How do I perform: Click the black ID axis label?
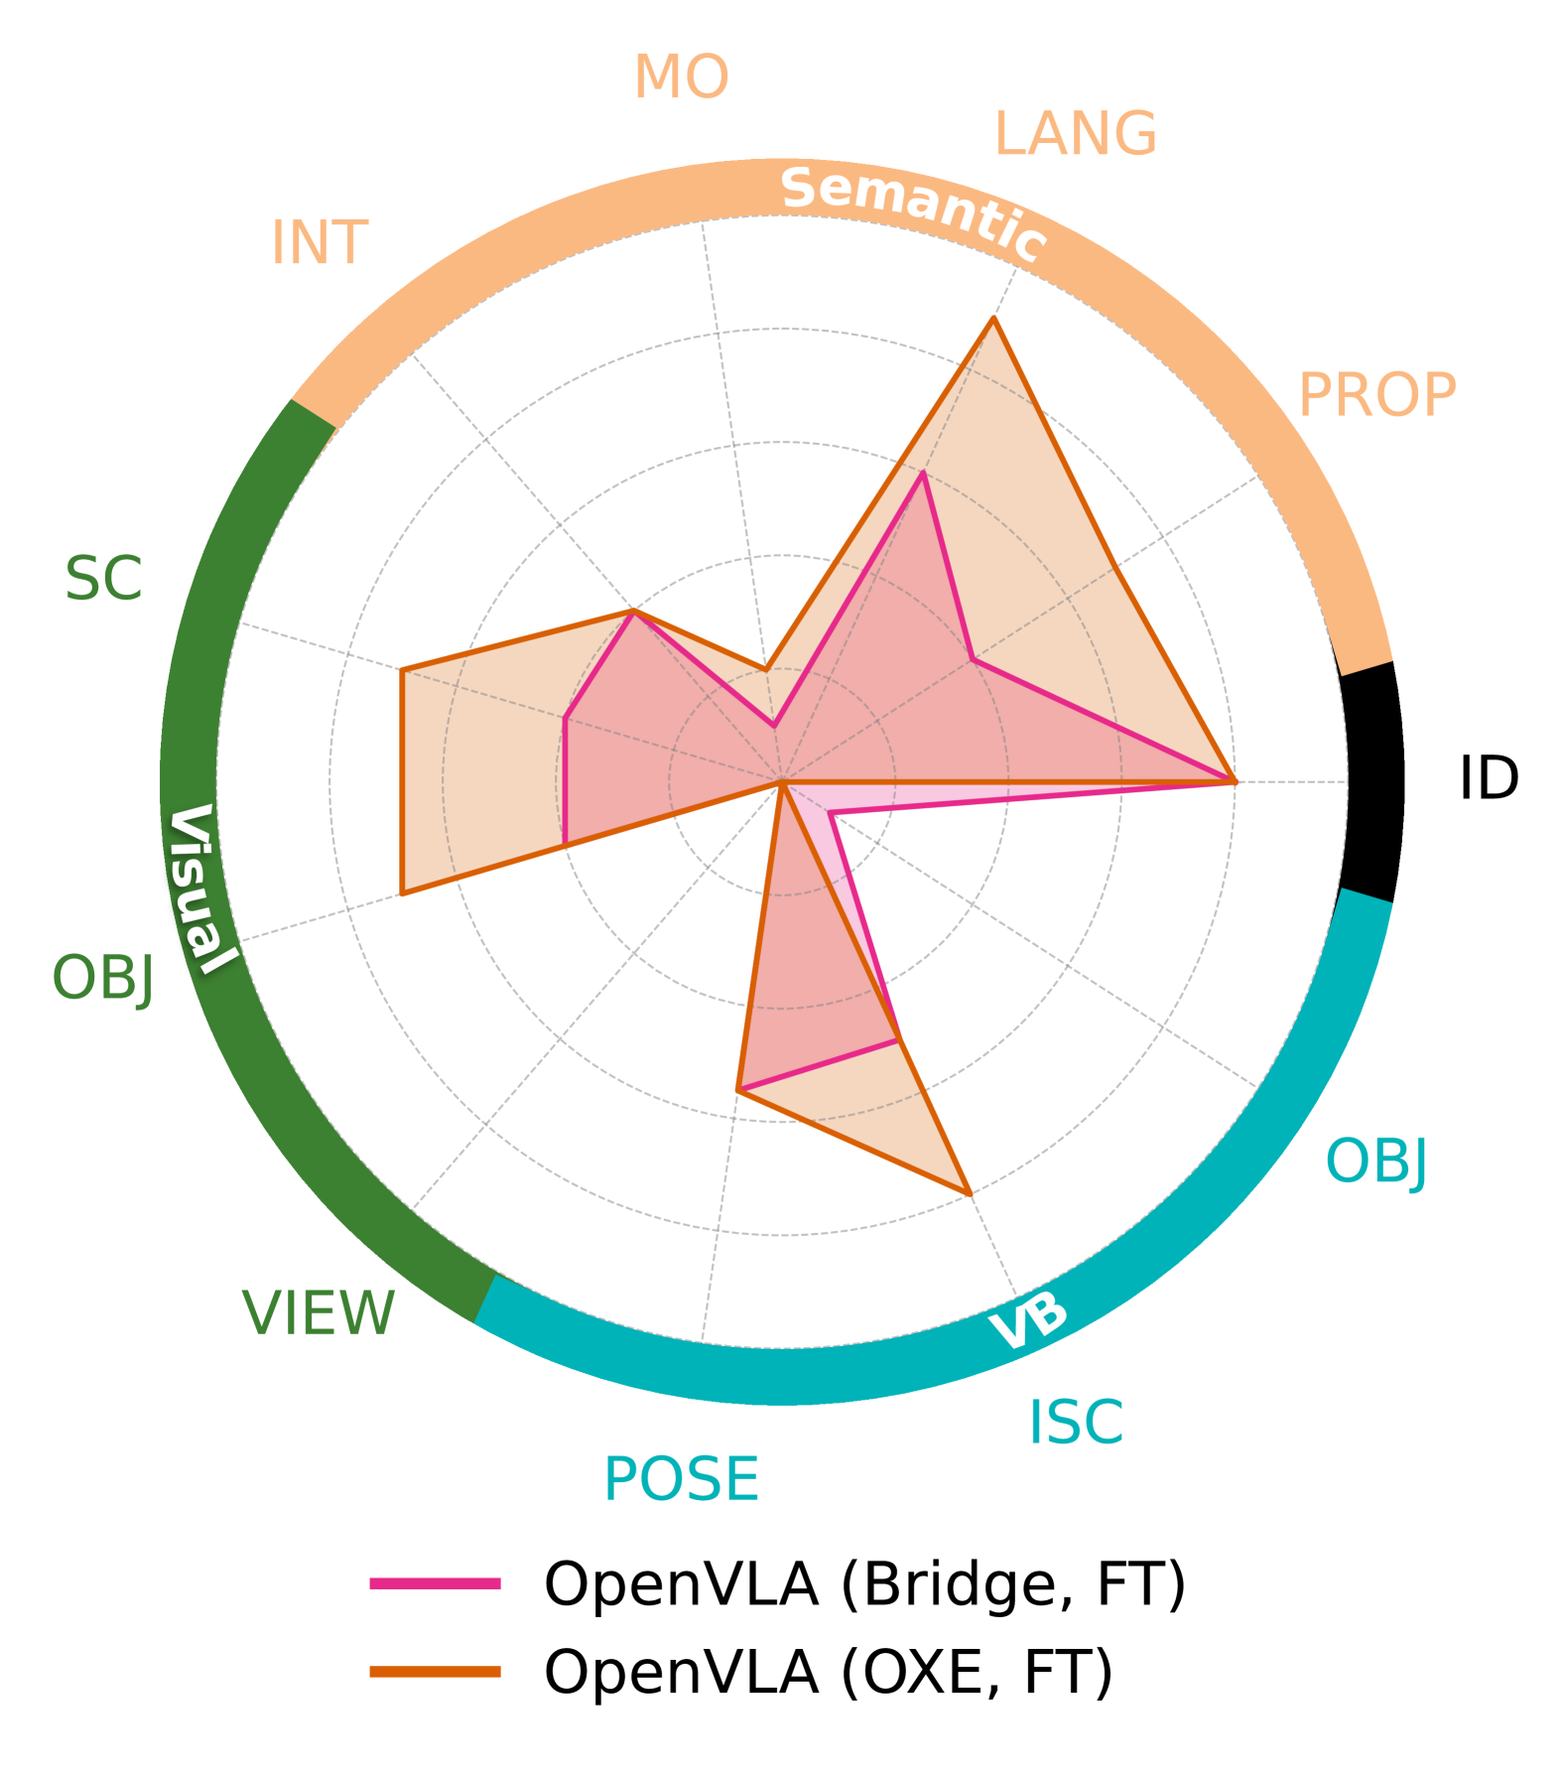pos(1488,778)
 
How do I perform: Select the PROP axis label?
pos(1376,395)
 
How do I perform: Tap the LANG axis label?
pos(1075,134)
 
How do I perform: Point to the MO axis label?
pos(681,77)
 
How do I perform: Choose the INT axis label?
pos(320,243)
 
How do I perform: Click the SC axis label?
pos(103,579)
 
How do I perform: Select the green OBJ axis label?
pos(103,978)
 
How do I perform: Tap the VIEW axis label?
pos(319,1313)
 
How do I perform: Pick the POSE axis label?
pos(681,1480)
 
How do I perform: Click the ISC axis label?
pos(1076,1423)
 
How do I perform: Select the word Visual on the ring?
pos(200,889)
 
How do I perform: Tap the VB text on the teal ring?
pos(1029,1321)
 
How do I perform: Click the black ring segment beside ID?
pos(1372,782)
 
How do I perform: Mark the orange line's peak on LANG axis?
pos(993,319)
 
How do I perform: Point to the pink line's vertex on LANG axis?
pos(923,474)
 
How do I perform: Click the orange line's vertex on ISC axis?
pos(970,1193)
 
